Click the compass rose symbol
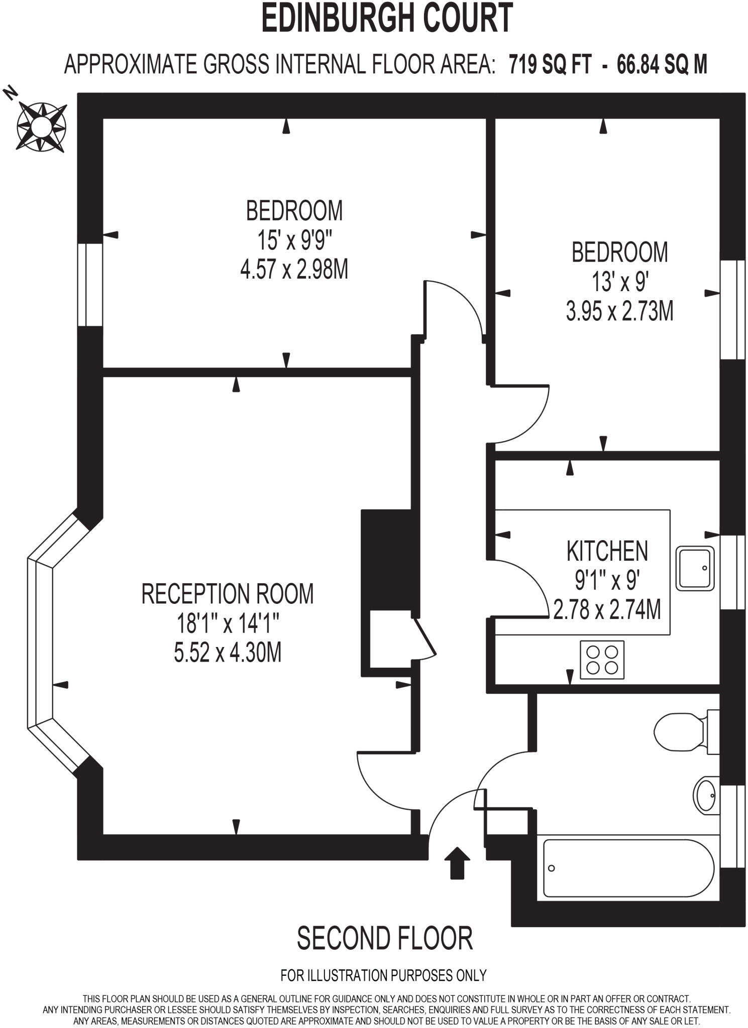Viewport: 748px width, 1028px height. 41,126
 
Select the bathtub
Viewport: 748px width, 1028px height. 628,868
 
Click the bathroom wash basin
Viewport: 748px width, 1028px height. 706,794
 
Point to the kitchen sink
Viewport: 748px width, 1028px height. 695,568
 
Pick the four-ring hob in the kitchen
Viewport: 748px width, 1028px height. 602,660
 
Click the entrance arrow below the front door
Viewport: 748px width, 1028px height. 457,862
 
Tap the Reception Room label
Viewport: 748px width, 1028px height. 227,594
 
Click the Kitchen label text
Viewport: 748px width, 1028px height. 607,551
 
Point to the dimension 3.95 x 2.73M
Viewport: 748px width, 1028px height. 619,312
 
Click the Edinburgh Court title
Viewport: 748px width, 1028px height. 387,18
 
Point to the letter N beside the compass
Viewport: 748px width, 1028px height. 10,92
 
